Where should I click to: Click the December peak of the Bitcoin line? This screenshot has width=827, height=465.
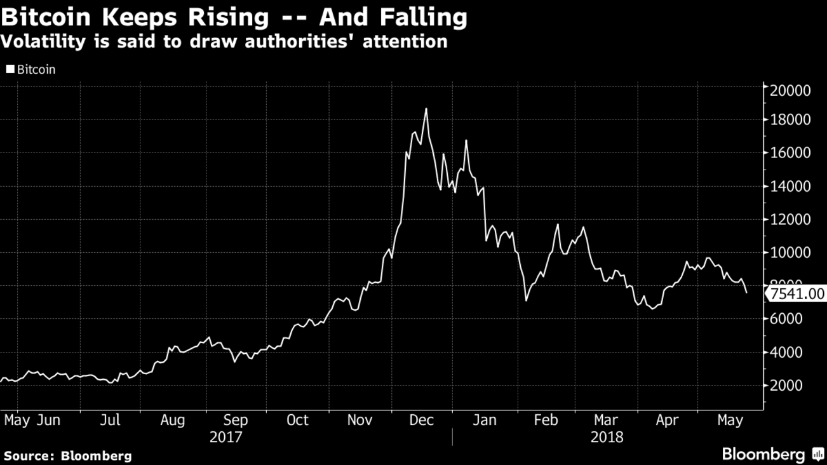(x=426, y=109)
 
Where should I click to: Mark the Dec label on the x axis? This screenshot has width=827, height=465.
(x=421, y=421)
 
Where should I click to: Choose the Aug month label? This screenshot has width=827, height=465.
(x=172, y=421)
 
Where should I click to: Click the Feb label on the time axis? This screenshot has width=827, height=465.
(x=546, y=421)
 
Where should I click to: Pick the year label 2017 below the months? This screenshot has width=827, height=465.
(x=227, y=438)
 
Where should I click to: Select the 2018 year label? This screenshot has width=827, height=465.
(x=607, y=438)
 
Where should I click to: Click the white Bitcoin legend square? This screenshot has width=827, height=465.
(x=10, y=70)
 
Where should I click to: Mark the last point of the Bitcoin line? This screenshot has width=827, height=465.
(x=746, y=293)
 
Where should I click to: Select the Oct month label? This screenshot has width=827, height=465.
(x=297, y=421)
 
